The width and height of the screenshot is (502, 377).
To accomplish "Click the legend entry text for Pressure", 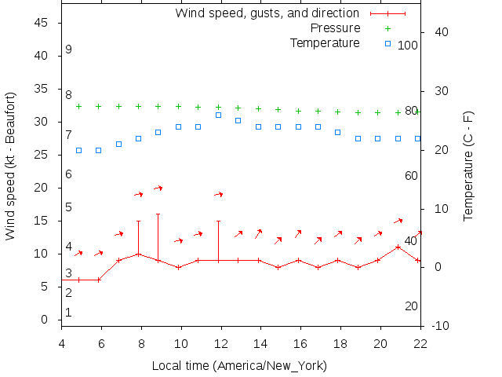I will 325,28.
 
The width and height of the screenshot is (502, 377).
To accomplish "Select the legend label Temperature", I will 325,42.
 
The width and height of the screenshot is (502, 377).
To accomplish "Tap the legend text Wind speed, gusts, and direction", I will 267,13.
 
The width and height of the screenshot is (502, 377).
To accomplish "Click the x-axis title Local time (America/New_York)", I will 239,366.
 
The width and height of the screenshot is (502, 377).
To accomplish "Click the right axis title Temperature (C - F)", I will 469,166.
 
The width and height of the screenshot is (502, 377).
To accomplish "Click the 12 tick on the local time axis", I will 220,343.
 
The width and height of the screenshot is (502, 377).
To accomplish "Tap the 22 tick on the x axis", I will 420,343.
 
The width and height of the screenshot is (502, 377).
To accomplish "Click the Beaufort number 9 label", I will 69,49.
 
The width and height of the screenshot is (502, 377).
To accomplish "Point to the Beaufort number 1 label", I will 69,313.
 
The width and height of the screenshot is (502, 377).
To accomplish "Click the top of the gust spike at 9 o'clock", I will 158,214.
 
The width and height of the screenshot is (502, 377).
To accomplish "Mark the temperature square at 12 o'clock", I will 218,115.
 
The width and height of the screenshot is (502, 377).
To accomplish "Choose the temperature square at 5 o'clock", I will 78,150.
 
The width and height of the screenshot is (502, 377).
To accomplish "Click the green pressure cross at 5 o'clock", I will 78,106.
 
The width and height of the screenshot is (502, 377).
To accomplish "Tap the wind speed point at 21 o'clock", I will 398,247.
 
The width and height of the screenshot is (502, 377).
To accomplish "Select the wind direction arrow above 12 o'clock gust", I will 219,194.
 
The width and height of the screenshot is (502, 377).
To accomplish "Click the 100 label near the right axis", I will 408,46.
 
